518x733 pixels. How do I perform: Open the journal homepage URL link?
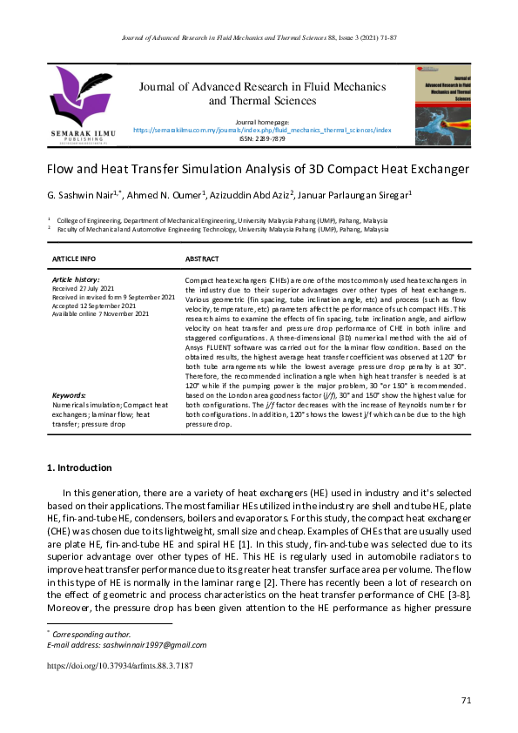pos(262,130)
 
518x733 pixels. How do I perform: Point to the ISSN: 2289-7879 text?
pos(262,138)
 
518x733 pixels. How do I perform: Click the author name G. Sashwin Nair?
pos(83,195)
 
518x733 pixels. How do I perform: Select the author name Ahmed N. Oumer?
pos(166,195)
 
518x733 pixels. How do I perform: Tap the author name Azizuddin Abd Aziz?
pos(252,195)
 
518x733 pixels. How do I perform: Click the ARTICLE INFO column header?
pos(74,259)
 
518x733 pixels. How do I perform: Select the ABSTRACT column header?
pos(202,259)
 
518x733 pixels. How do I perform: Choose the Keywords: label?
pos(69,395)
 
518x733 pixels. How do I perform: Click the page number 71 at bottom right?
pos(465,701)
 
